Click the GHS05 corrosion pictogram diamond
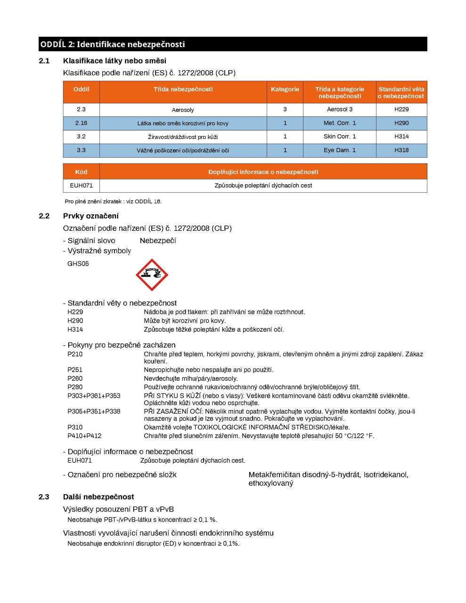pos(152,275)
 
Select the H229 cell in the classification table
pos(401,109)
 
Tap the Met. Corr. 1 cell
pos(340,123)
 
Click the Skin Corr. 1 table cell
pos(340,137)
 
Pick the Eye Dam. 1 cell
pos(340,150)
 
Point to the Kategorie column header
pos(285,89)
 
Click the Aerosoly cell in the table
pos(183,110)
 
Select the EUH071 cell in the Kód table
pos(82,186)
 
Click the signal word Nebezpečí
pos(158,241)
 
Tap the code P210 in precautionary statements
pos(75,354)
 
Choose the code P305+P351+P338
pos(94,412)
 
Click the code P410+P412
pos(84,436)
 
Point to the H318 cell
pos(401,150)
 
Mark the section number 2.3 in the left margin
pos(44,497)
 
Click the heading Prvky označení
pos(91,216)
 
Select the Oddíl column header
pos(82,89)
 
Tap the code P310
pos(75,428)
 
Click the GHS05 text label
pos(78,264)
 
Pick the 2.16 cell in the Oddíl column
pos(82,123)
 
